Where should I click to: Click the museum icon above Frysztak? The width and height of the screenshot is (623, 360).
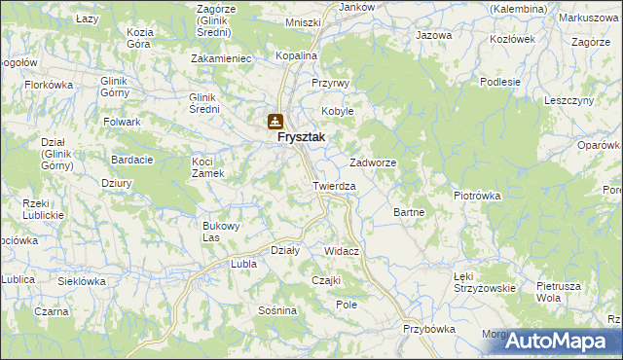(275, 122)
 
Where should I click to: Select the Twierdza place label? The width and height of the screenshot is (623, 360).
(334, 185)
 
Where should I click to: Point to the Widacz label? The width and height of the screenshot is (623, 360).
(342, 251)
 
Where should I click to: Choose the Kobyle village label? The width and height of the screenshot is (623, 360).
(338, 111)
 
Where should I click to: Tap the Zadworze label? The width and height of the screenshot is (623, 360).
(372, 163)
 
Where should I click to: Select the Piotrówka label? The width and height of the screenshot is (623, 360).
(477, 195)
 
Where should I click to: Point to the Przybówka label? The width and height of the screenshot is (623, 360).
(429, 329)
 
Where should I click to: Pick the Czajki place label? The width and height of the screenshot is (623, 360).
(325, 280)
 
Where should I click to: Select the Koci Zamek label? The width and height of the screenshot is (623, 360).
(208, 166)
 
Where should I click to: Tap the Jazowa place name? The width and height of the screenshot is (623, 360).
(434, 35)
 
